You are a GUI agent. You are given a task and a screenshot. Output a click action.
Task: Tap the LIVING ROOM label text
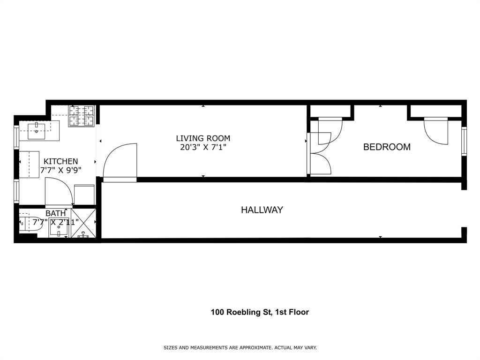pos(203,138)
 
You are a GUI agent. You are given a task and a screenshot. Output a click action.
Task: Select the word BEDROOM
pos(387,147)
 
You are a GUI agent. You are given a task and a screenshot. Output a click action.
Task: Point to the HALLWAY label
pos(262,210)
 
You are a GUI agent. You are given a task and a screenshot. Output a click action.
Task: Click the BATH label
pos(55,213)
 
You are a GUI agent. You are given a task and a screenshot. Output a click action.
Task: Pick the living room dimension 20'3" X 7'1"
pos(203,147)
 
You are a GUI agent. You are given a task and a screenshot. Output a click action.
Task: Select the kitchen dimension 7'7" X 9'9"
pos(60,170)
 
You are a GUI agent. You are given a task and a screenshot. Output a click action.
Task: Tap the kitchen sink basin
pos(36,129)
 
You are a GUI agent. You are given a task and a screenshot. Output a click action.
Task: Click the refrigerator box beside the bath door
pos(85,195)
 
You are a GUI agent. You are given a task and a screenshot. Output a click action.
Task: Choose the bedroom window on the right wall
pos(464,141)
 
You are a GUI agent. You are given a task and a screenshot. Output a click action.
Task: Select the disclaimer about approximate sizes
pos(240,348)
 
